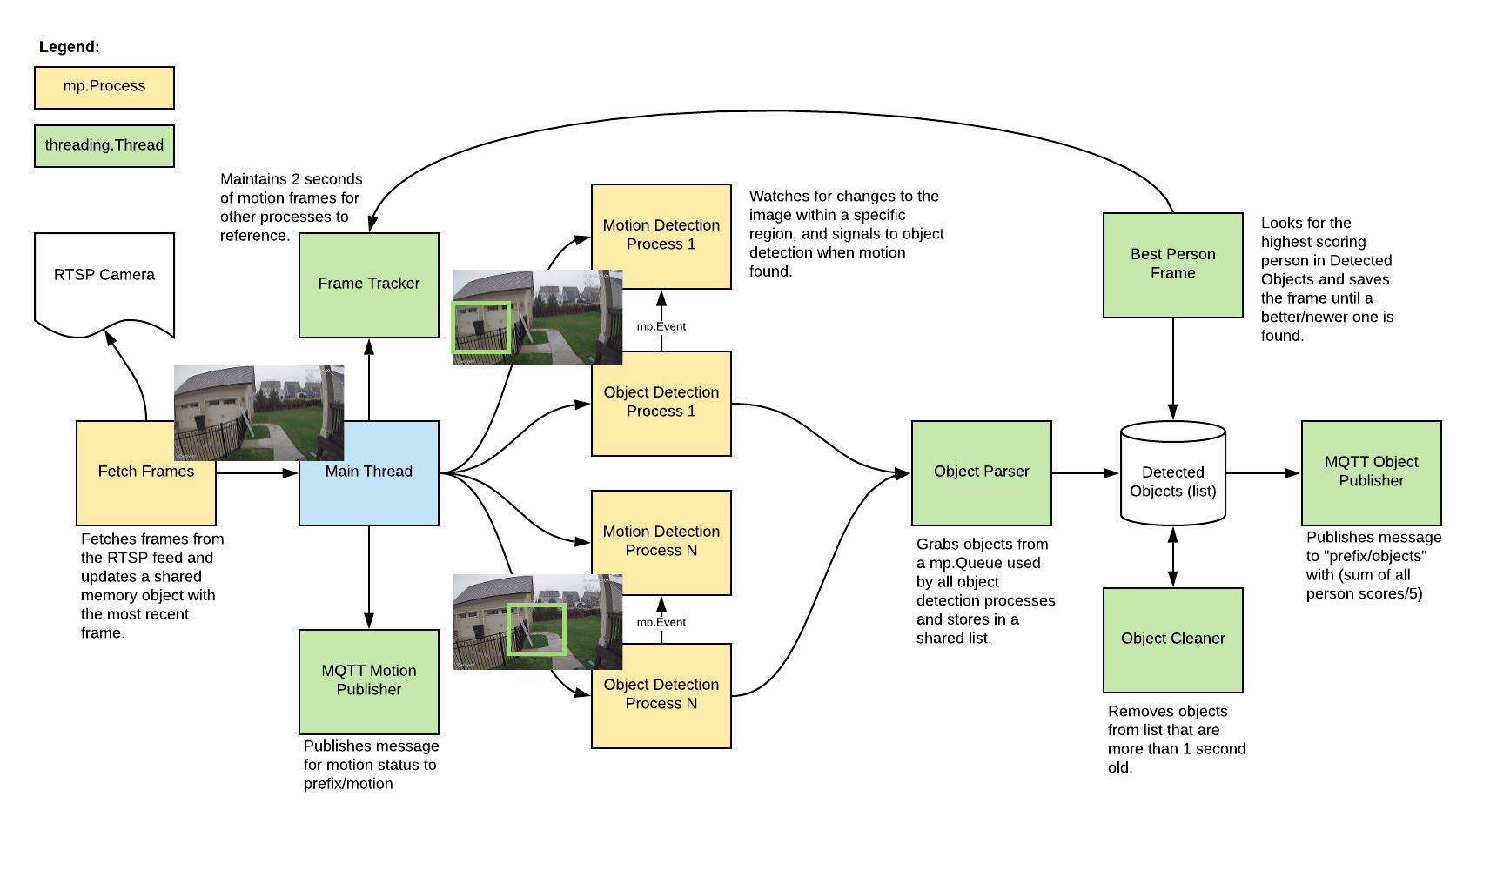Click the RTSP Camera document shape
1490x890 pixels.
click(x=104, y=278)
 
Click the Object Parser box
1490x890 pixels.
click(x=981, y=472)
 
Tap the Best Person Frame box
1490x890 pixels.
click(x=1172, y=264)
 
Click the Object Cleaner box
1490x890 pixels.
click(x=1172, y=639)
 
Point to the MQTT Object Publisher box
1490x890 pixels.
click(x=1371, y=472)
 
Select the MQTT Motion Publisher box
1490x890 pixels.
click(x=369, y=681)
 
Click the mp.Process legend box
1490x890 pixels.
click(x=104, y=87)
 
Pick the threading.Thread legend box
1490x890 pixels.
click(x=104, y=145)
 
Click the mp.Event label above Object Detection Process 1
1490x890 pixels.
click(x=661, y=326)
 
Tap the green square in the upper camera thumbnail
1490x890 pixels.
click(x=480, y=326)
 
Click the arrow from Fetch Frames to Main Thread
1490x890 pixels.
click(x=258, y=472)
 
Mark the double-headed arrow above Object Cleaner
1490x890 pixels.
click(x=1172, y=557)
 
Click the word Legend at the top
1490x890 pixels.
click(x=70, y=47)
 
